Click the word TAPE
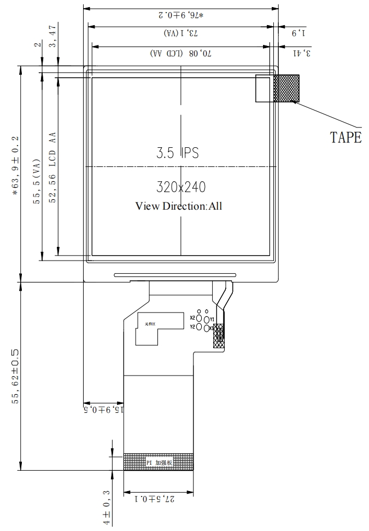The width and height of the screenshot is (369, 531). click(x=345, y=137)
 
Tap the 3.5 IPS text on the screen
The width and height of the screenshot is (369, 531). click(x=177, y=153)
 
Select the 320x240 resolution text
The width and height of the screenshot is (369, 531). click(x=181, y=187)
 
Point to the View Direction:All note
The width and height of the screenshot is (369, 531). click(x=179, y=206)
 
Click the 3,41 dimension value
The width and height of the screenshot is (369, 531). click(x=302, y=53)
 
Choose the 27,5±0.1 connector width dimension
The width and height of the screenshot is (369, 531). click(x=159, y=499)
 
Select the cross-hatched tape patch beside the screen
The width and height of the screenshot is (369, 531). click(x=286, y=89)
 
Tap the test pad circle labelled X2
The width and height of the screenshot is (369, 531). click(x=200, y=318)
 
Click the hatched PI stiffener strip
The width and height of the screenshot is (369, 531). click(x=159, y=462)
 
